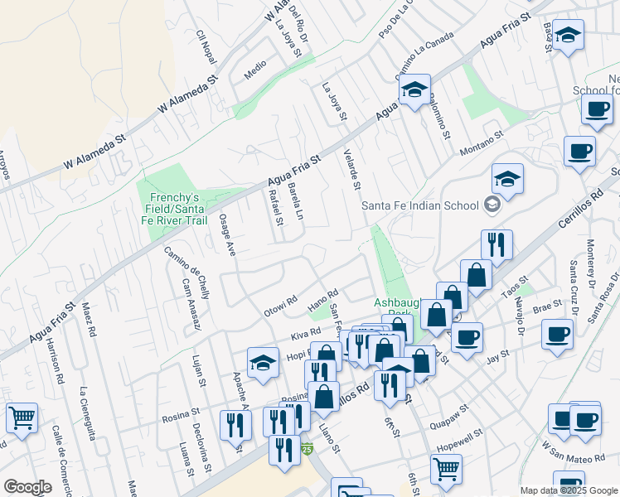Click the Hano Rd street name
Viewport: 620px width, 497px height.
pyautogui.click(x=324, y=297)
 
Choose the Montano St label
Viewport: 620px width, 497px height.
pyautogui.click(x=481, y=142)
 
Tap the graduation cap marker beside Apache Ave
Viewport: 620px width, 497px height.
pyautogui.click(x=264, y=362)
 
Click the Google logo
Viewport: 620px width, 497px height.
pyautogui.click(x=27, y=487)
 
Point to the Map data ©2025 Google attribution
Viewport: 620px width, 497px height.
pyautogui.click(x=568, y=490)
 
